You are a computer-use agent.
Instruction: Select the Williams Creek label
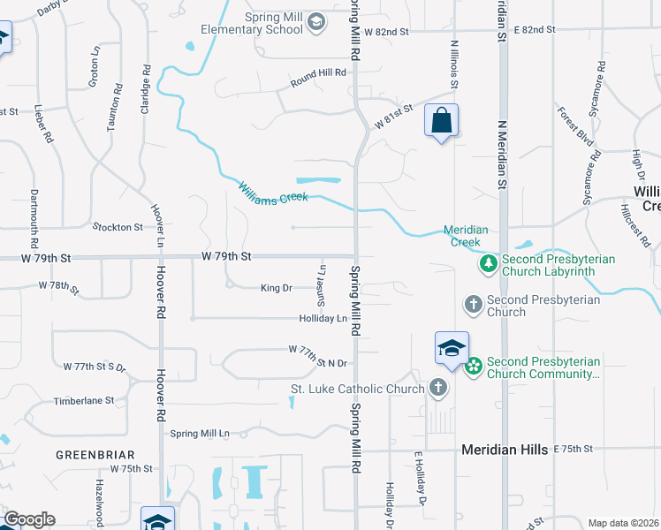click(273, 193)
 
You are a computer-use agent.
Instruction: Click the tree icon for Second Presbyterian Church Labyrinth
click(488, 263)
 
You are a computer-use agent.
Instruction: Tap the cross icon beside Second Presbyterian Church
click(473, 305)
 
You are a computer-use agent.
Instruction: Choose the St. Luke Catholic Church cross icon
click(437, 387)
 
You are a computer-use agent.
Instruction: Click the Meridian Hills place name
click(504, 450)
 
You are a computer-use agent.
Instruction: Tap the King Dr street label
click(276, 288)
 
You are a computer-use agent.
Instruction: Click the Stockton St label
click(118, 227)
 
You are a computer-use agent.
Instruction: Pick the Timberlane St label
click(84, 400)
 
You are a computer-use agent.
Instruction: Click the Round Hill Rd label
click(318, 84)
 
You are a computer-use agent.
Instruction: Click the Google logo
click(28, 519)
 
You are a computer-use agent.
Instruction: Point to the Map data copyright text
click(623, 523)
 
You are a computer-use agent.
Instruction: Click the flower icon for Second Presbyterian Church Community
click(473, 366)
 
